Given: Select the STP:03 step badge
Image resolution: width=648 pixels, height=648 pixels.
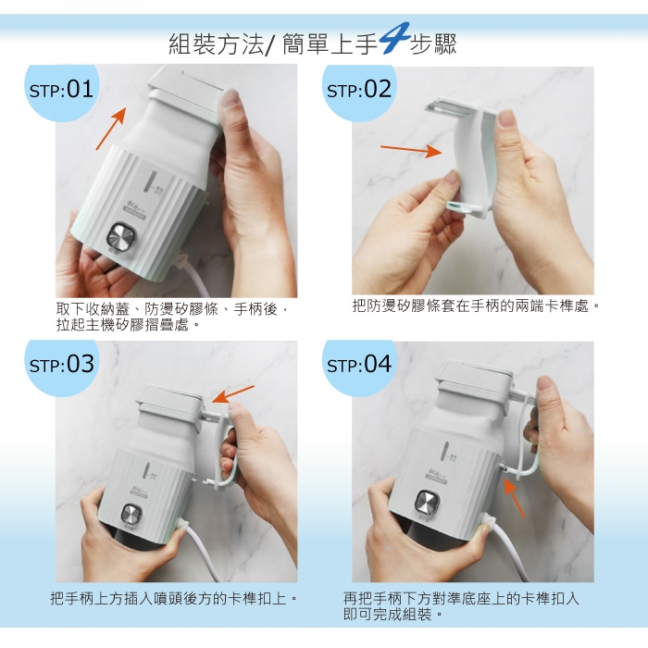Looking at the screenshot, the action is pos(62,365).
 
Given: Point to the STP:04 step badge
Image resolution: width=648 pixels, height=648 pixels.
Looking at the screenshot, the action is pos(359,366).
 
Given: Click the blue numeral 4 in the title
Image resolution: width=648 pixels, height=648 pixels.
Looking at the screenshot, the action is pos(393,39).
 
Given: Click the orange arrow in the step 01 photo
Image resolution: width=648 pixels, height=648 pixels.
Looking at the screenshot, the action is pos(111,129).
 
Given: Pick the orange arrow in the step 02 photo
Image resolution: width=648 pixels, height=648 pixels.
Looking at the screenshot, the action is pos(411,150).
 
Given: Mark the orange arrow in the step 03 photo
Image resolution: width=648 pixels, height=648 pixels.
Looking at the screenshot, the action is pos(232,393).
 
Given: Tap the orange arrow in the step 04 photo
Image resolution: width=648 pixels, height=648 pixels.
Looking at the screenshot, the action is pos(515,498).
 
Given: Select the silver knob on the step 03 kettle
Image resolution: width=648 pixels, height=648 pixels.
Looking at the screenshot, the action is pos(131,515).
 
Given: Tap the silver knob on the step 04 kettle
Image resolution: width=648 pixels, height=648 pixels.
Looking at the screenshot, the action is pos(428,502).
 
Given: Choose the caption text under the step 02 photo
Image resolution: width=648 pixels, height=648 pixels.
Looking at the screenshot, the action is pos(476,306).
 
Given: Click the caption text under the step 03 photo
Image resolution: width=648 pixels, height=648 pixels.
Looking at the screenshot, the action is pos(174,598).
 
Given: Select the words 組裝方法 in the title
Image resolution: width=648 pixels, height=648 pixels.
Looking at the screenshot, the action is pos(216,44).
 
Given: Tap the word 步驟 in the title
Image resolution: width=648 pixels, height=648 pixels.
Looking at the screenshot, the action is pos(433,44).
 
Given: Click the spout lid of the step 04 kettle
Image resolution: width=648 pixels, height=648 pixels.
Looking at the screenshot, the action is pos(474,374).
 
